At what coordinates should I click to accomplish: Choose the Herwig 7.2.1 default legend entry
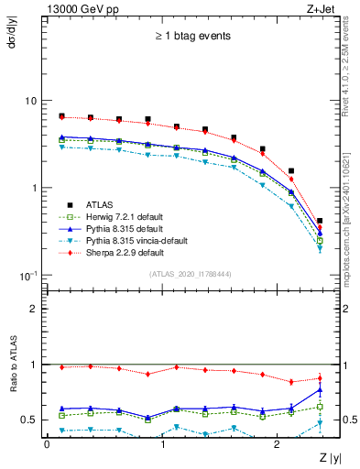point(125,216)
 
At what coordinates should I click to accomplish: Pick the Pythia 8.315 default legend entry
point(124,228)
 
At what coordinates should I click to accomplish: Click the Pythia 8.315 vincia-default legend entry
point(137,240)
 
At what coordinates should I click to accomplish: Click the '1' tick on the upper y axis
point(34,189)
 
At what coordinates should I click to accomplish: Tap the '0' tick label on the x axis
point(47,444)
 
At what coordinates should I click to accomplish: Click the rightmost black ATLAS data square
point(320,221)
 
